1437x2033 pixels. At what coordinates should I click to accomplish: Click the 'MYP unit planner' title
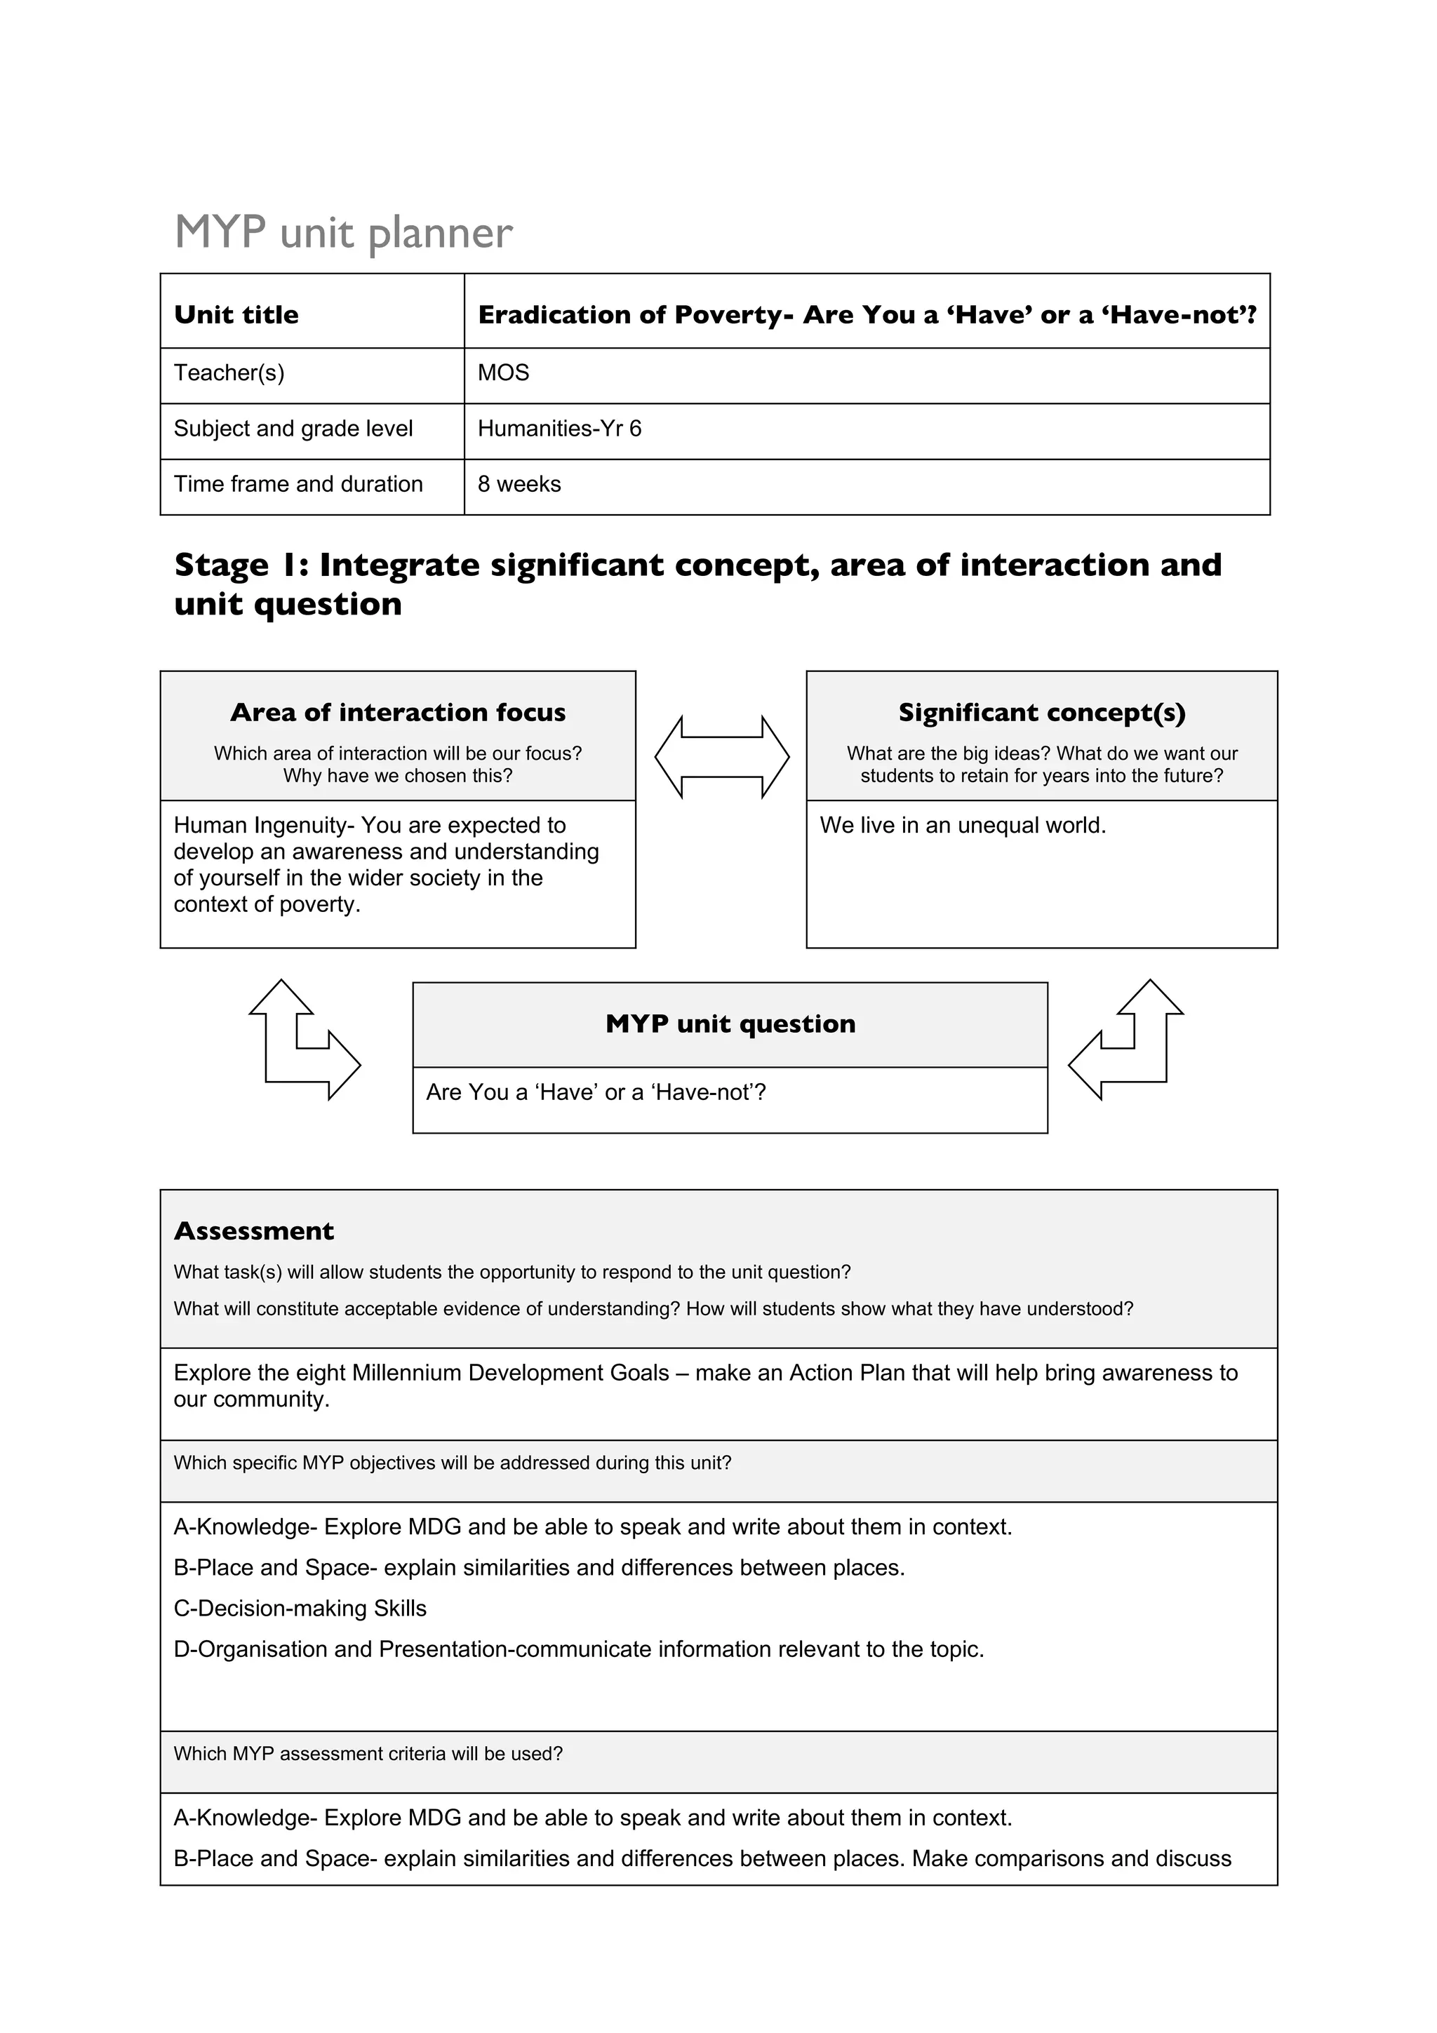(344, 233)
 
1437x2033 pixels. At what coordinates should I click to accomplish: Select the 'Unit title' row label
(236, 314)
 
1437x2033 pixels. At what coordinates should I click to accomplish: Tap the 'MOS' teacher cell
(503, 373)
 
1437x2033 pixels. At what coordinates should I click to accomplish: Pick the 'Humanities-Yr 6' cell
(559, 429)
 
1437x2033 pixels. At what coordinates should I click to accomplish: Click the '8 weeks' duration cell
(519, 484)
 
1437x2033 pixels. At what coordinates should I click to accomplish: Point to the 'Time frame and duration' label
(298, 484)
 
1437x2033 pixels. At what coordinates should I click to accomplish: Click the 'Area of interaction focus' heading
(398, 713)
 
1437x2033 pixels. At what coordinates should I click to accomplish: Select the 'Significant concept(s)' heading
(1041, 713)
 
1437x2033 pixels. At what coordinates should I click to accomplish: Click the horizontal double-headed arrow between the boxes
(721, 757)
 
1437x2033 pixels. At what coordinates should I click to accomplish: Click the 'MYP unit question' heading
(730, 1024)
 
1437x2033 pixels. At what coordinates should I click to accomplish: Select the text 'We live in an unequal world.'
(963, 825)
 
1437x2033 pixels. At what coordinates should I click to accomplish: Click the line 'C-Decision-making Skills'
(300, 1608)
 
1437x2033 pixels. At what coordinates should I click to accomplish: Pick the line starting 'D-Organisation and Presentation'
(578, 1649)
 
